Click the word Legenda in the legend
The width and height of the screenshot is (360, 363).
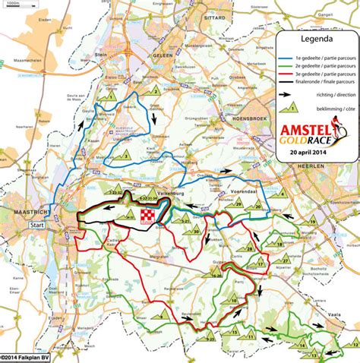tap(314, 40)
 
